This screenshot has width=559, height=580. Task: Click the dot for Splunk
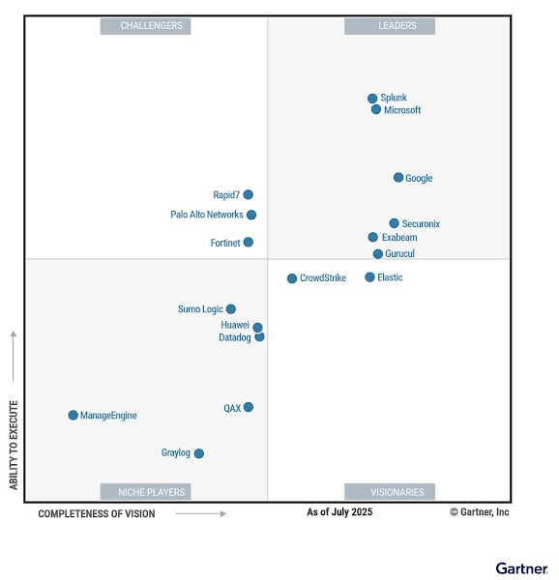point(372,99)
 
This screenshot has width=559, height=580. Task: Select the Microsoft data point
point(376,110)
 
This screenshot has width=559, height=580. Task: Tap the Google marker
point(398,178)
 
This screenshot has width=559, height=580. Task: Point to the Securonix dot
point(394,223)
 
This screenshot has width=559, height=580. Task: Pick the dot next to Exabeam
point(373,238)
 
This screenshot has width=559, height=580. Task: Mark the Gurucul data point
point(378,254)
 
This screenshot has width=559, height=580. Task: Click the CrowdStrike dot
point(292,278)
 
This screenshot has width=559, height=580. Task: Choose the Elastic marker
point(369,277)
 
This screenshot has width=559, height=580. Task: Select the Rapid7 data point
point(249,195)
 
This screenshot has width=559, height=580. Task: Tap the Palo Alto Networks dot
point(251,216)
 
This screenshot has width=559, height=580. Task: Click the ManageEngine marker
point(73,416)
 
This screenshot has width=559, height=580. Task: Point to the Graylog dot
point(199,453)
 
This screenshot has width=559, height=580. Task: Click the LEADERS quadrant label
point(390,26)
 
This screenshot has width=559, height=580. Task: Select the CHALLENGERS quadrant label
point(146,26)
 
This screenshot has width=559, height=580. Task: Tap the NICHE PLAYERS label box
point(146,492)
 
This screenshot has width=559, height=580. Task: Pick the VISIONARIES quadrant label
point(390,492)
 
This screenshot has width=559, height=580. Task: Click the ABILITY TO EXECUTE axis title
point(15,445)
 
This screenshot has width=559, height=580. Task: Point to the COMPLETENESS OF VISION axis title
point(97,514)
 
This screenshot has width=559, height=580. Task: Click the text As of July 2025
point(339,512)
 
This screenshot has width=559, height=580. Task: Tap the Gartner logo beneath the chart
point(522,568)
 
